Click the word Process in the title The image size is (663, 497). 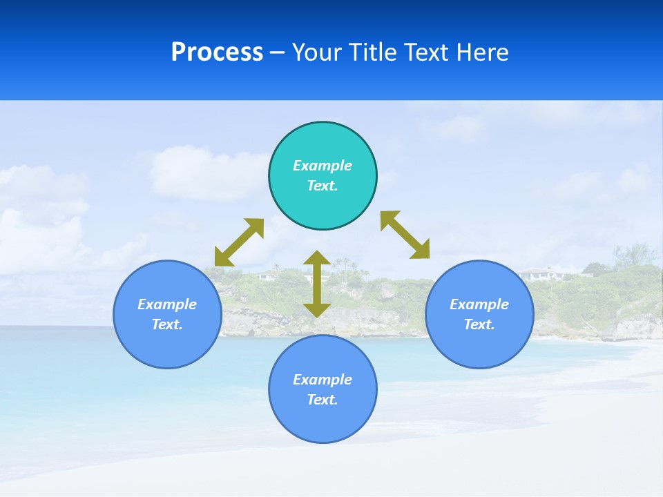click(217, 52)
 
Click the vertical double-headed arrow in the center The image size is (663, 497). click(317, 284)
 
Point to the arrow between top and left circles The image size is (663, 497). click(239, 242)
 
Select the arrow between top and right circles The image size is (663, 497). click(405, 235)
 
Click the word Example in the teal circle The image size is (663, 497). click(323, 166)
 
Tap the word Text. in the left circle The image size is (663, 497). click(167, 324)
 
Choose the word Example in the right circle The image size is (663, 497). click(479, 304)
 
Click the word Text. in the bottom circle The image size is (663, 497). click(323, 400)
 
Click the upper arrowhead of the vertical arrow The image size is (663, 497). click(317, 257)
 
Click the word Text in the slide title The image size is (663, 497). click(427, 52)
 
